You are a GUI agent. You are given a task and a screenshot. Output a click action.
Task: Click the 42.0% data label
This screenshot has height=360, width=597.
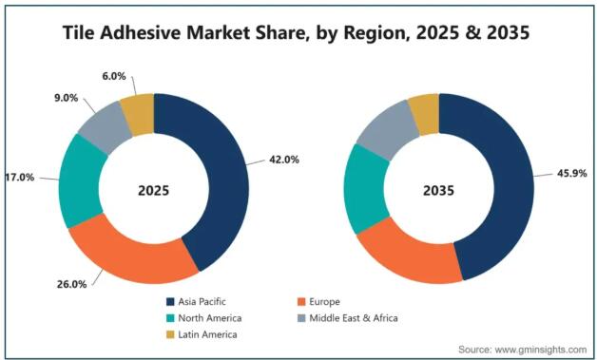click(x=284, y=160)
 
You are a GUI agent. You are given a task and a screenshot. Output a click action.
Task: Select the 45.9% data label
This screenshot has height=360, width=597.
click(x=572, y=174)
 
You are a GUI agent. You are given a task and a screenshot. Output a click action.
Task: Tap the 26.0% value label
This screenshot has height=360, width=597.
click(x=71, y=284)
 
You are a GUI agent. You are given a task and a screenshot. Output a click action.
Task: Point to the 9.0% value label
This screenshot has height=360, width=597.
click(x=66, y=98)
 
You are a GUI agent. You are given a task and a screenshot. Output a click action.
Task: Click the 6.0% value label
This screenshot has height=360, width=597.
click(x=113, y=77)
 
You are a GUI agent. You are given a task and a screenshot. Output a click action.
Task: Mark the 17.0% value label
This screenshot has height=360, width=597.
click(x=20, y=178)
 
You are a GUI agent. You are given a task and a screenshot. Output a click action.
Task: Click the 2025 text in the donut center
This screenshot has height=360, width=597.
click(x=153, y=190)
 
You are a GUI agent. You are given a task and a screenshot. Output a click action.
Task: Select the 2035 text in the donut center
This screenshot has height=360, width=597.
click(x=438, y=190)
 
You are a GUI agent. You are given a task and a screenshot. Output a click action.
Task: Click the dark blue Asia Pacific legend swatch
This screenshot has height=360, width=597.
click(x=170, y=302)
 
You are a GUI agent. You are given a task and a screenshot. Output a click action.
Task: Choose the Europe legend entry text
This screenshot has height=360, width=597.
click(x=324, y=302)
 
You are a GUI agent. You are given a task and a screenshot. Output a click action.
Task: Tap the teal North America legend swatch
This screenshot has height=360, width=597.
click(x=170, y=318)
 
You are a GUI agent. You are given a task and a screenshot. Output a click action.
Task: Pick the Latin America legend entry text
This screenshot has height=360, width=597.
click(x=207, y=334)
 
